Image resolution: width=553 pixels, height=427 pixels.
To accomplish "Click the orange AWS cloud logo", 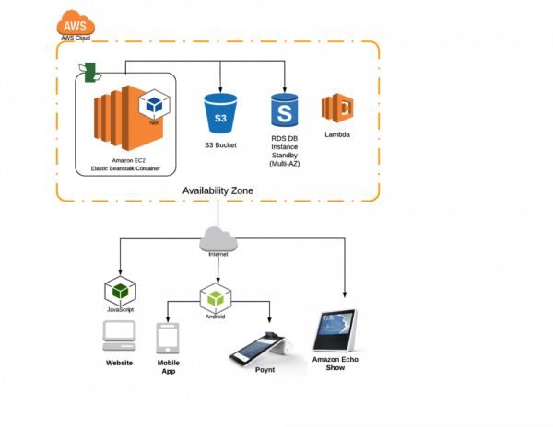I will coord(76,23).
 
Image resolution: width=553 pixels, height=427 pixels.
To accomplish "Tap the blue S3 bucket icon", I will coord(220,113).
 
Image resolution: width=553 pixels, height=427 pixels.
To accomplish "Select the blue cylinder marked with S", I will coord(285,110).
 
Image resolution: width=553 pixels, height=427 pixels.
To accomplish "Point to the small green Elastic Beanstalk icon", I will coord(89,72).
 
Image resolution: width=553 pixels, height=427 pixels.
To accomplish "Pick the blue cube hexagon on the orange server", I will coord(154,105).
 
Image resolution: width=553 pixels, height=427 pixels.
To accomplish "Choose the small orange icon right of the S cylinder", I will coord(337,108).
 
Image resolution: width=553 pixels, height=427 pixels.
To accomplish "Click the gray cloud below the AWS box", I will coord(218,239).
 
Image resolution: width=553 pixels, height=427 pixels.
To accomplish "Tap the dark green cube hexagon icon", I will coord(120,291).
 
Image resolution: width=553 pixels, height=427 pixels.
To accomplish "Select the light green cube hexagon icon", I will coord(216,298).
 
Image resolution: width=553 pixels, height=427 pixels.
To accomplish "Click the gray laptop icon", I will coord(119,335).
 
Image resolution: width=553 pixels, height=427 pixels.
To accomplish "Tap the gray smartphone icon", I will coord(168,338).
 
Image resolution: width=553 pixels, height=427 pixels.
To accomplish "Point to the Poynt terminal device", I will coord(260,347).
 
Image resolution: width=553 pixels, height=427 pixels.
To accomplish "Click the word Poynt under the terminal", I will coord(265,369).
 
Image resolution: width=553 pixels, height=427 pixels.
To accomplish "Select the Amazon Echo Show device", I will coord(334,328).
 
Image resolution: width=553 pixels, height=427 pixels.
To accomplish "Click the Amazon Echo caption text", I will coord(335,359).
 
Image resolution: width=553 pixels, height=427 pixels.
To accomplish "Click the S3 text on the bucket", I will coord(220,118).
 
